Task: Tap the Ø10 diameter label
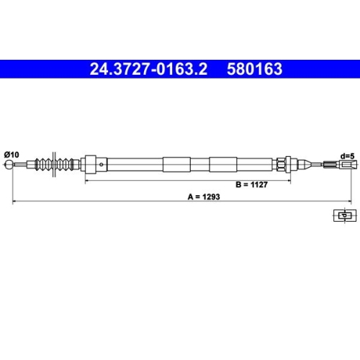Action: click(x=12, y=153)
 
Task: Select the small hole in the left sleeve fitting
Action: click(x=104, y=165)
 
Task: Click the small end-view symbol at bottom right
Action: click(x=343, y=214)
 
